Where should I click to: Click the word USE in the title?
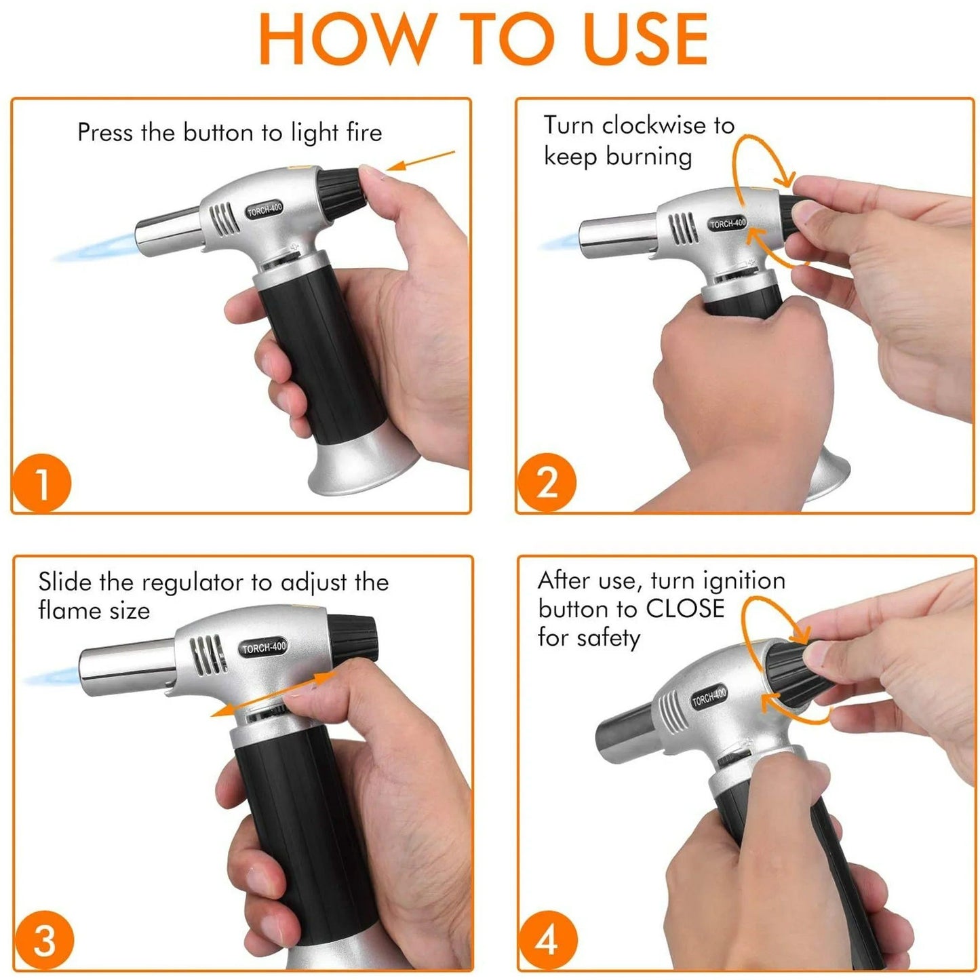tap(645, 39)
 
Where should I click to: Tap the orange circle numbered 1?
tap(42, 484)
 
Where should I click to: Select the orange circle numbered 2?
tap(547, 482)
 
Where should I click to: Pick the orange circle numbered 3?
tap(44, 941)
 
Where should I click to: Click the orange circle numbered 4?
tap(548, 941)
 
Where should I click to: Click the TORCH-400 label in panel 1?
tap(264, 210)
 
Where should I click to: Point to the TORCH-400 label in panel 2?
tap(727, 222)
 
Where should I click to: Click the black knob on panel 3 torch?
tap(352, 635)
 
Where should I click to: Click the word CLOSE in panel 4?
tap(685, 608)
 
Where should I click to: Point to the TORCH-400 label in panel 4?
tap(709, 697)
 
